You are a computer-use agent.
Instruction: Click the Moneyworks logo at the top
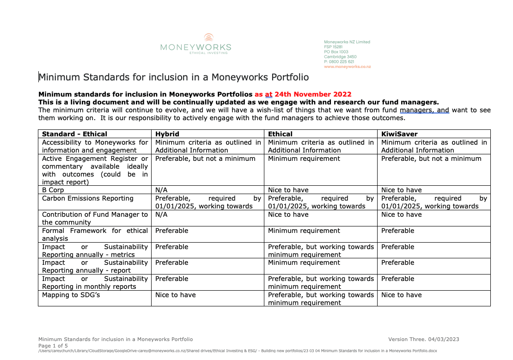[195, 44]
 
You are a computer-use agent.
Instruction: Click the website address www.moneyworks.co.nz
[347, 67]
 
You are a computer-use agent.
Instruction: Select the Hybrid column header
[167, 134]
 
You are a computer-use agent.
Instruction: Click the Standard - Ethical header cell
[74, 134]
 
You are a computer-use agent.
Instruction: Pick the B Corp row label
[53, 190]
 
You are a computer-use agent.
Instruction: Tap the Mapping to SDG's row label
[71, 295]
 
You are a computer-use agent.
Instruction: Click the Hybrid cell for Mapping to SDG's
[175, 295]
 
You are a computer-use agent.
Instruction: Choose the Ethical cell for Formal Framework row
[304, 231]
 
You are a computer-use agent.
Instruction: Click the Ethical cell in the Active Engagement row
[304, 159]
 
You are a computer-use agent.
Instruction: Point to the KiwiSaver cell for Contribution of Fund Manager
[401, 214]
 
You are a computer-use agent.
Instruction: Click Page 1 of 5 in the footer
[53, 346]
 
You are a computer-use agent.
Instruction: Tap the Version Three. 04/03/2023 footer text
[423, 339]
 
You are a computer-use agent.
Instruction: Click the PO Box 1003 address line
[336, 52]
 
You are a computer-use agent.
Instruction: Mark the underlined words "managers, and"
[424, 110]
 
